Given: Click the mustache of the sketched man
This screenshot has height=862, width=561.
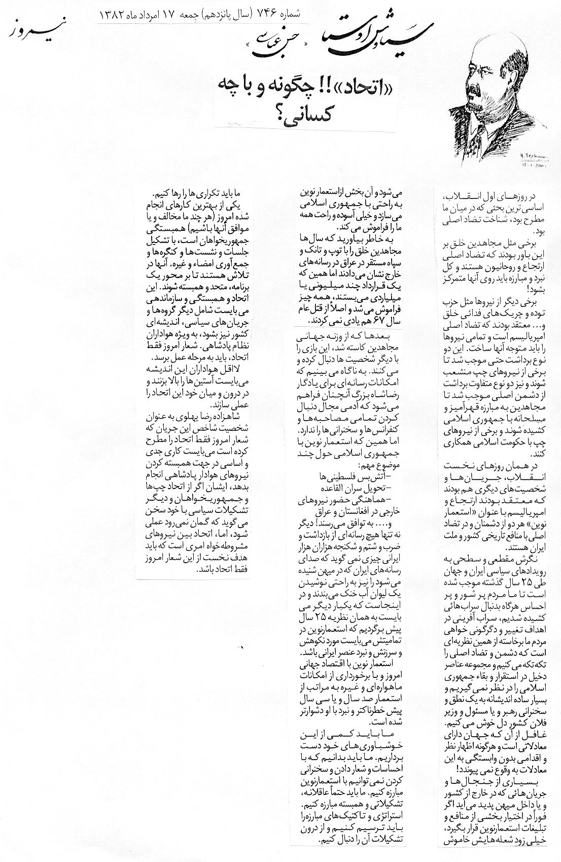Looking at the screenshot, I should [x=474, y=90].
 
